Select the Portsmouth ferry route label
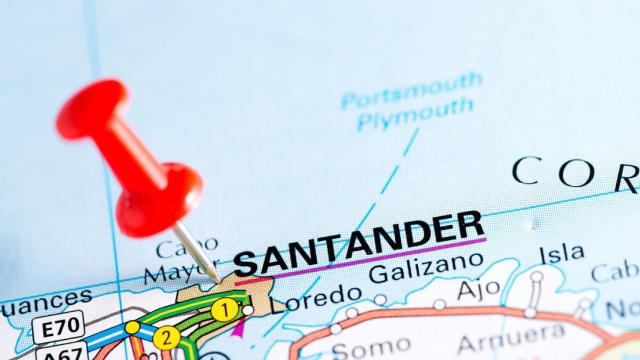(411, 91)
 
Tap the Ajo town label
(478, 289)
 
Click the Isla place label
(561, 254)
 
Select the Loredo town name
(316, 296)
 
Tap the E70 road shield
(58, 326)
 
